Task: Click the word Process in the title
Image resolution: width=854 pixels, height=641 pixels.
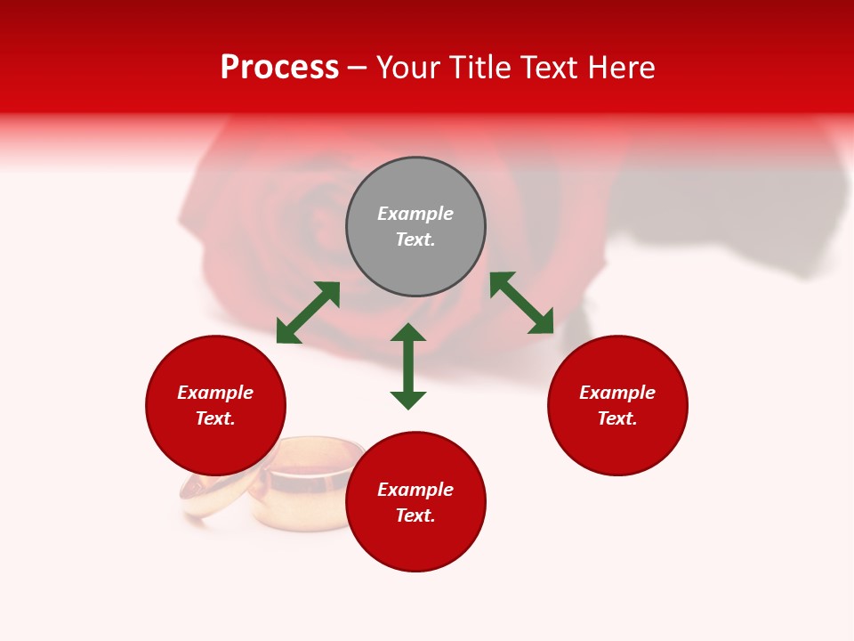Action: pyautogui.click(x=279, y=68)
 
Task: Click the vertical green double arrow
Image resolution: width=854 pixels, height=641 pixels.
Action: pyautogui.click(x=408, y=366)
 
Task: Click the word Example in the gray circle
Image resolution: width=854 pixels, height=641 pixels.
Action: pyautogui.click(x=415, y=214)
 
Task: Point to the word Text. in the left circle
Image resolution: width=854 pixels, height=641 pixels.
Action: pyautogui.click(x=215, y=418)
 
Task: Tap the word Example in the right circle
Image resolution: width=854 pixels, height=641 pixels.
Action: pyautogui.click(x=617, y=393)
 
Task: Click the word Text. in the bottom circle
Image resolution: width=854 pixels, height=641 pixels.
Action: pyautogui.click(x=415, y=515)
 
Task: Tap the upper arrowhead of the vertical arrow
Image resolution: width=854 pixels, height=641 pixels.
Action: pyautogui.click(x=408, y=333)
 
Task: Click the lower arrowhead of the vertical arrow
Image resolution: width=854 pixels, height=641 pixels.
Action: pyautogui.click(x=408, y=400)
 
